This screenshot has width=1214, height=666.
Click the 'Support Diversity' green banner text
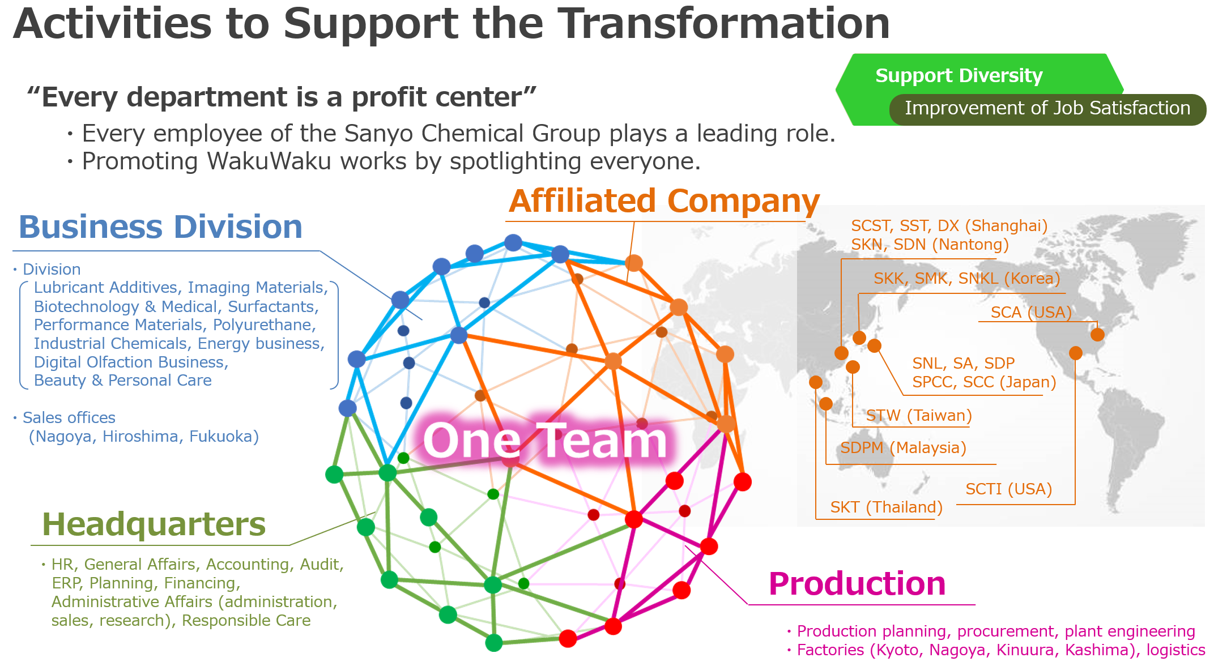[x=959, y=75]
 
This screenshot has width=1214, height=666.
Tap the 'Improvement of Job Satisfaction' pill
[x=1047, y=109]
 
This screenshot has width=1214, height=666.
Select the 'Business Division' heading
[x=161, y=227]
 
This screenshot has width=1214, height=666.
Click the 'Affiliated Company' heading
[x=664, y=201]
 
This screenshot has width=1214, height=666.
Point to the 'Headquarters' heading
[x=154, y=524]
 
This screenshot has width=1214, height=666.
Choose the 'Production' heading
[x=857, y=583]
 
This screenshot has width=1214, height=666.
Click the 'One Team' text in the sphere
[x=545, y=441]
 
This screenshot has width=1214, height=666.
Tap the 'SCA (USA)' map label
[x=1031, y=312]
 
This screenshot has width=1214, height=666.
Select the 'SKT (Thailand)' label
[x=887, y=507]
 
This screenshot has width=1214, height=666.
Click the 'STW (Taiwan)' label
[x=919, y=415]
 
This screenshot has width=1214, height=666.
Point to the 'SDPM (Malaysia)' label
[x=903, y=447]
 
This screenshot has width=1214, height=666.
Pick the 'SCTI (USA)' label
[x=1009, y=489]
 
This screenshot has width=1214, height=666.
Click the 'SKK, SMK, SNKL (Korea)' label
[x=967, y=278]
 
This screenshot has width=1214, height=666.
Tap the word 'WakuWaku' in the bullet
[x=269, y=161]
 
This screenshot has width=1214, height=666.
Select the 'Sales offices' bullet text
[x=69, y=417]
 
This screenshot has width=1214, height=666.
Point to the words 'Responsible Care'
[x=246, y=620]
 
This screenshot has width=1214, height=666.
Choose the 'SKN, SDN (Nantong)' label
[x=930, y=244]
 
